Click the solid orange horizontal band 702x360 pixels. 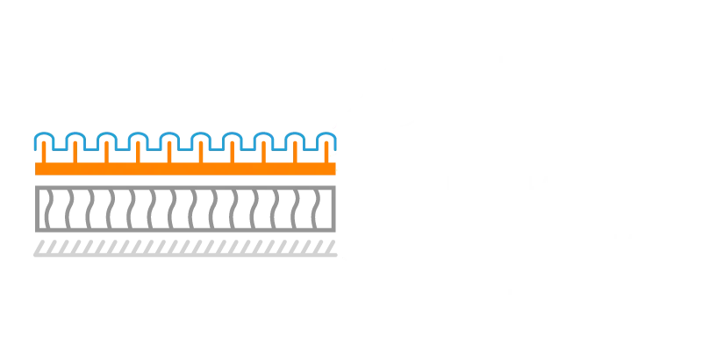(184, 167)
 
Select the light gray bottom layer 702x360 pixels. (184, 252)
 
